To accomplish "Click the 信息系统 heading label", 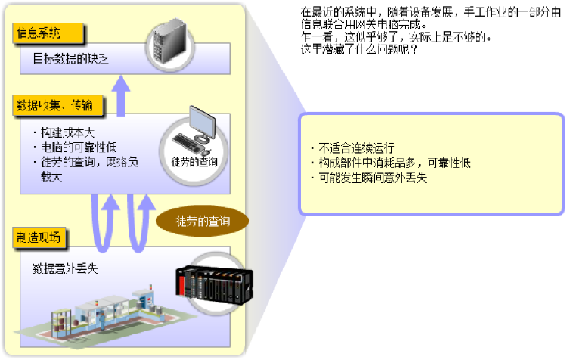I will (39, 33).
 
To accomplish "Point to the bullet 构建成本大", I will (64, 131).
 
